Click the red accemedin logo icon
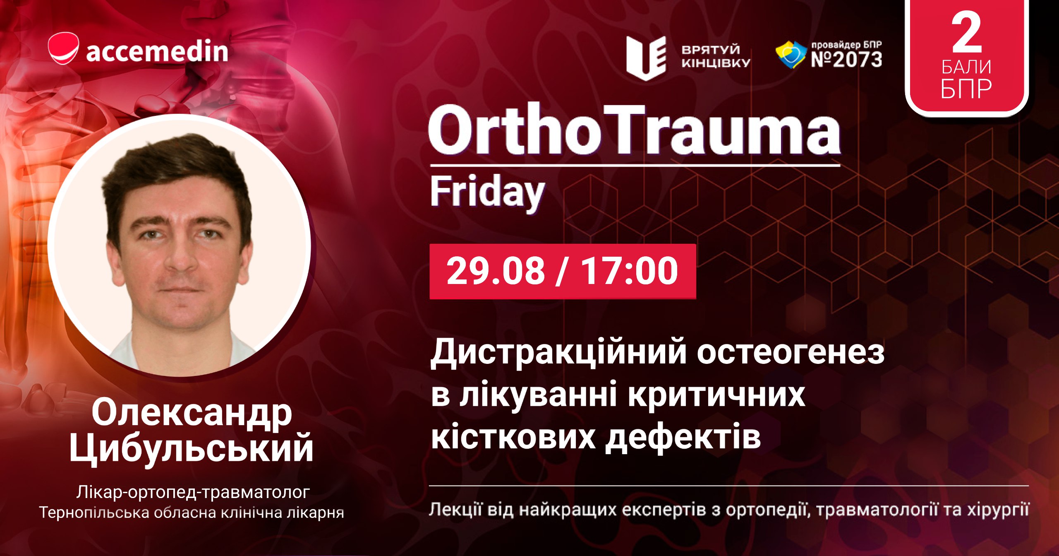[x=63, y=48]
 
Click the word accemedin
[x=157, y=51]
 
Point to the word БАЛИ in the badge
[x=966, y=67]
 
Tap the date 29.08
[x=496, y=271]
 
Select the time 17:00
[x=630, y=271]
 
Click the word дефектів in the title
[x=683, y=437]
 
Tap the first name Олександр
[x=192, y=413]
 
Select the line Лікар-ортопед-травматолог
[x=193, y=493]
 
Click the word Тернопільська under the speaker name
[x=94, y=513]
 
